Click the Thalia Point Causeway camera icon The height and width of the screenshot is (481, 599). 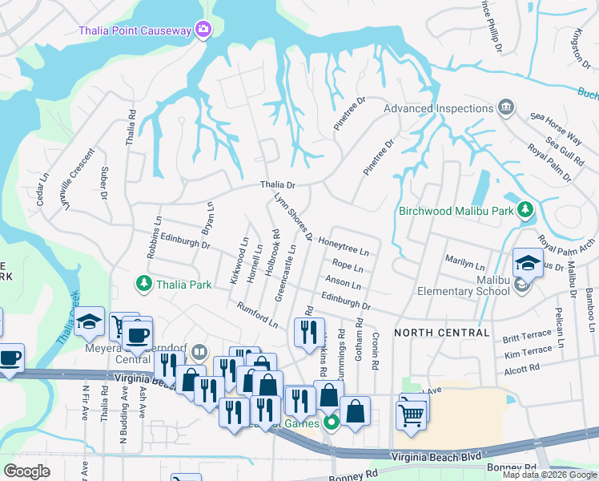tap(203, 30)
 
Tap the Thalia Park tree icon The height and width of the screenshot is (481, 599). tap(143, 284)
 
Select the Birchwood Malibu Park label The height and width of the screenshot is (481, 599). tap(454, 212)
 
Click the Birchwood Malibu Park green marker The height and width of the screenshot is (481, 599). tap(525, 210)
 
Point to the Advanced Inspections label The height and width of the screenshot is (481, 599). tap(436, 108)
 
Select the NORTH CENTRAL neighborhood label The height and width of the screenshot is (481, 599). tap(441, 332)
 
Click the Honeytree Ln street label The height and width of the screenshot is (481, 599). tap(348, 244)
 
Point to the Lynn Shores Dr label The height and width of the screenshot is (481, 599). tap(292, 216)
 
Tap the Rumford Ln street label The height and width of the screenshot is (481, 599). tap(257, 315)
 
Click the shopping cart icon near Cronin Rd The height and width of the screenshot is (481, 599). tap(410, 415)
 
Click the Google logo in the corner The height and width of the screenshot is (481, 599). tap(26, 471)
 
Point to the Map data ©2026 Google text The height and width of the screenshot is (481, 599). tap(549, 475)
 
